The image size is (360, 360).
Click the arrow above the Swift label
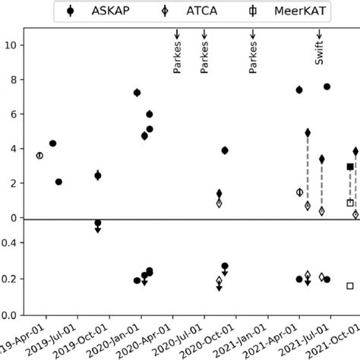point(321,36)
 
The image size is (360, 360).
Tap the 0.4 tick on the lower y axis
point(12,243)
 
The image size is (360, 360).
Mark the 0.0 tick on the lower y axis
point(12,314)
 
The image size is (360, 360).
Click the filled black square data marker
point(350,166)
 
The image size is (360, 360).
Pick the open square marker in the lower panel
point(350,286)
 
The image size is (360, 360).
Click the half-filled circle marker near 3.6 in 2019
point(39,155)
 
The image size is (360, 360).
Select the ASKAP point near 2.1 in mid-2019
point(58,182)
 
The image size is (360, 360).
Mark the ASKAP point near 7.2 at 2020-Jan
point(137,93)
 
